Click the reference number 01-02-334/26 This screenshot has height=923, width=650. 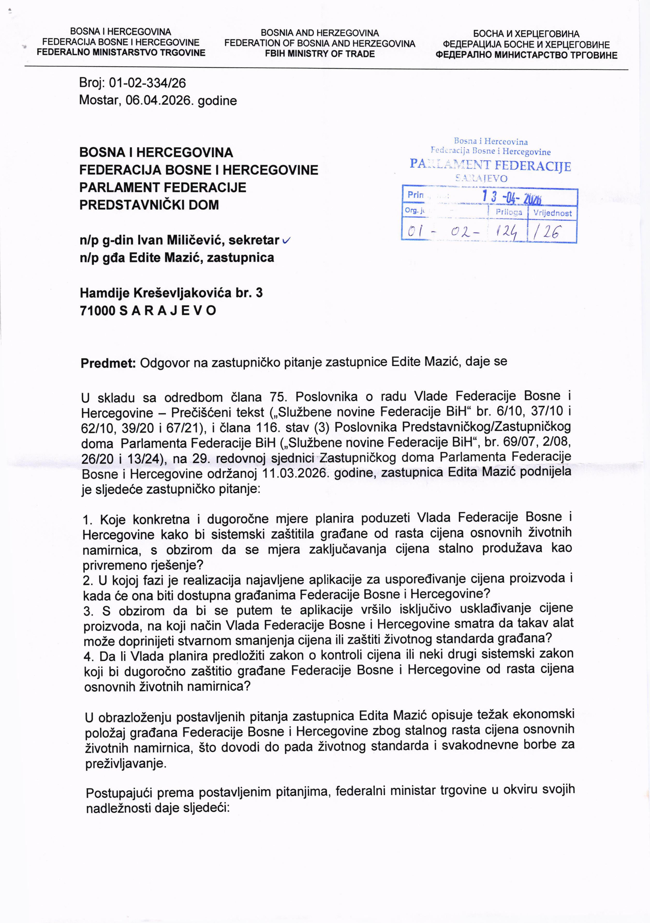tap(147, 83)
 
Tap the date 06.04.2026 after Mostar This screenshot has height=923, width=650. tap(158, 100)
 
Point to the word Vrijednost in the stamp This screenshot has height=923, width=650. tap(552, 213)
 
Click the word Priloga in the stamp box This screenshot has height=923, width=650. tap(509, 212)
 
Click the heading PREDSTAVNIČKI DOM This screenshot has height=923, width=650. tap(149, 205)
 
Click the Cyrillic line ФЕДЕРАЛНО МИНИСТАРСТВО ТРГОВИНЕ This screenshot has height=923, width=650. tap(526, 55)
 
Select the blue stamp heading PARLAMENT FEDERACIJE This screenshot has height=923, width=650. tap(490, 165)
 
